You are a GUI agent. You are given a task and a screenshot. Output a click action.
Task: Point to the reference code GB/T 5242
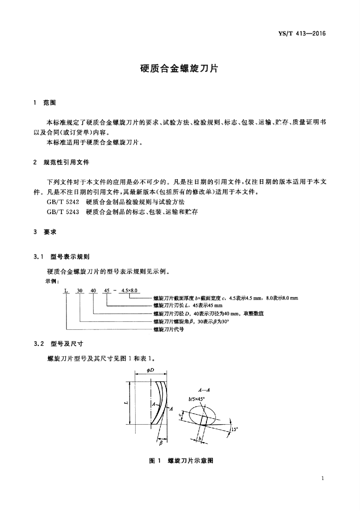click(x=62, y=202)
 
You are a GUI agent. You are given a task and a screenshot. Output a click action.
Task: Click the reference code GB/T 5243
click(x=62, y=212)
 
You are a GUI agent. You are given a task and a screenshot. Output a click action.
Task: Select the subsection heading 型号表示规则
click(x=70, y=257)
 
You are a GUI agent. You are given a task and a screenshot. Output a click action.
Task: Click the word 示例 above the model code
click(x=52, y=281)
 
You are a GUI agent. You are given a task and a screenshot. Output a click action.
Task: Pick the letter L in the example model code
click(x=65, y=290)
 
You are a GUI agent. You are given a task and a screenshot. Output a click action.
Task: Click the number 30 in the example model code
click(x=79, y=290)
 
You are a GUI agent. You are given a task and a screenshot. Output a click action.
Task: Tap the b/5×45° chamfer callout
click(x=197, y=399)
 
